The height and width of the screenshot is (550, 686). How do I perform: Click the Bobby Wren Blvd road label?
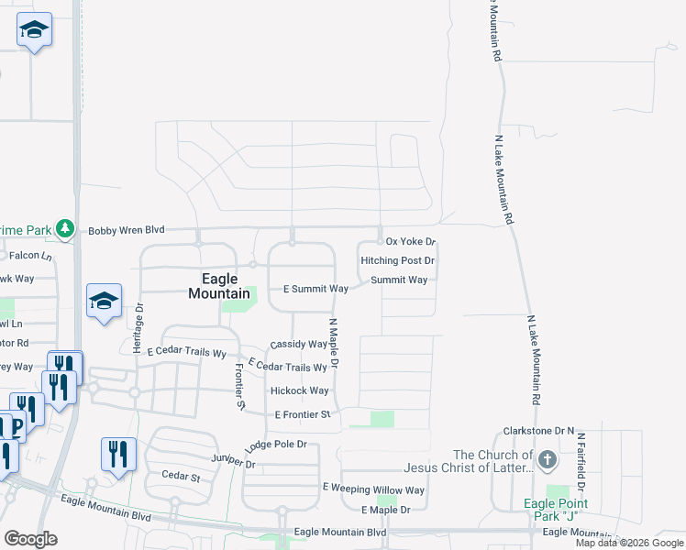click(x=126, y=231)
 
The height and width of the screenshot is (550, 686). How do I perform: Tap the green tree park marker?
click(x=64, y=228)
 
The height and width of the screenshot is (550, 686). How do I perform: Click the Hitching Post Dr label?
click(x=397, y=261)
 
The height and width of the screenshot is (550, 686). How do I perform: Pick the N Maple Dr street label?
click(x=334, y=344)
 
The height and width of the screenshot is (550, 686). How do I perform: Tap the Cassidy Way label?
click(x=298, y=345)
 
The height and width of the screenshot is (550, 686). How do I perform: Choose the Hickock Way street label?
click(x=299, y=390)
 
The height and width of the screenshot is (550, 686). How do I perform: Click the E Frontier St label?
click(x=303, y=415)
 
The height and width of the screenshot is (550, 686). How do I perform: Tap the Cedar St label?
click(x=181, y=477)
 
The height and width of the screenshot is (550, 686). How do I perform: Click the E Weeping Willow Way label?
click(x=373, y=489)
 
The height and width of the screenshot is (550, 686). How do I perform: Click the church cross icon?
click(x=548, y=459)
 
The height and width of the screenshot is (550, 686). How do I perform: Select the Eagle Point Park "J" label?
click(x=555, y=510)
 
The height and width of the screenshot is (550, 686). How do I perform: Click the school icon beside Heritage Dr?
click(x=104, y=300)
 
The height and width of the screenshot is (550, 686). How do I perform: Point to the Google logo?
click(x=30, y=539)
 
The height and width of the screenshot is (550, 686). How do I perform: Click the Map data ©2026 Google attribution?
click(x=629, y=543)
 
